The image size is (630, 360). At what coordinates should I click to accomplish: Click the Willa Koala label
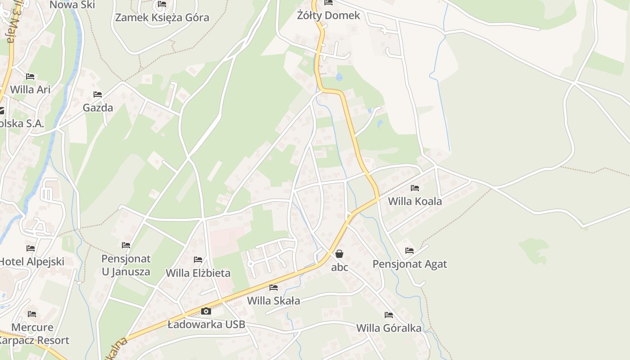[415, 201]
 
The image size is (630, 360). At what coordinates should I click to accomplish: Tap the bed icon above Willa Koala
[415, 188]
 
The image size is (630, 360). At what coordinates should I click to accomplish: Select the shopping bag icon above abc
[339, 254]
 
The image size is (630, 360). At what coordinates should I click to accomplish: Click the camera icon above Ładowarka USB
[206, 311]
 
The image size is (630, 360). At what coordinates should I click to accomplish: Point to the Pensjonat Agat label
[409, 264]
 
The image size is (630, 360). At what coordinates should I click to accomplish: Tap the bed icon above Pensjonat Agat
[409, 251]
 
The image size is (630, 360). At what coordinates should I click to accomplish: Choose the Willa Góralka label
[389, 328]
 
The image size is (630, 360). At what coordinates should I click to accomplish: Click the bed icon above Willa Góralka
[389, 315]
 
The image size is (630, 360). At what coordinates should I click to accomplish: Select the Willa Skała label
[274, 301]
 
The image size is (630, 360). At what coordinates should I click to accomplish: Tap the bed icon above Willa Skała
[274, 288]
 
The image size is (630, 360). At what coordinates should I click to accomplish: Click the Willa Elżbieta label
[198, 273]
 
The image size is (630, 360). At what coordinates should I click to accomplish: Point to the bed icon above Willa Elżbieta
[198, 260]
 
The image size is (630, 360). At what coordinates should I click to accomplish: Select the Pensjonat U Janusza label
[126, 265]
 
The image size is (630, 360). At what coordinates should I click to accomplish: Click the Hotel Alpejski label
[31, 261]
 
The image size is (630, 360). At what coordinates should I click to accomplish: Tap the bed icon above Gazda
[98, 94]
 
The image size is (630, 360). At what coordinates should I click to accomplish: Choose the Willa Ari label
[30, 89]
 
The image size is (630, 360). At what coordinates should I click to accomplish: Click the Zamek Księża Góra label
[162, 18]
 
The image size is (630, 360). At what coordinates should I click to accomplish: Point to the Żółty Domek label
[328, 15]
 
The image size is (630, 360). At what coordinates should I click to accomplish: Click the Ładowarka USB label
[206, 324]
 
